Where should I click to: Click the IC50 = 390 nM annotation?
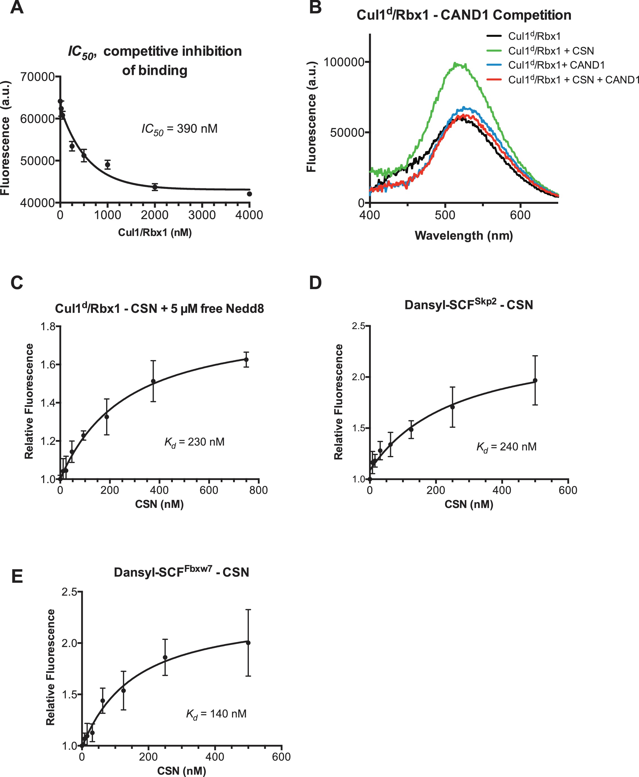180,129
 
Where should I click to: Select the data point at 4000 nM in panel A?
250,194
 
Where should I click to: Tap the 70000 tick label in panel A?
38,77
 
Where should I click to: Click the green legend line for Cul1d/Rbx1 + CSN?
494,50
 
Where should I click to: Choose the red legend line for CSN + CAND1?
494,79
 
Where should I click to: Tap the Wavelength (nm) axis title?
464,236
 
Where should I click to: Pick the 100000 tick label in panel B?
343,62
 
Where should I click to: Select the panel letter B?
316,7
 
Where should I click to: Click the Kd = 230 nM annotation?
194,442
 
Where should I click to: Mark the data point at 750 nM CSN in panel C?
246,360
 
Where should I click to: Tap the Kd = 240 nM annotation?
506,447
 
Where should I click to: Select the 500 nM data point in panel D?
535,381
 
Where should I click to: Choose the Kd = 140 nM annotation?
216,714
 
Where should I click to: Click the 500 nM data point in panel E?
248,643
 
